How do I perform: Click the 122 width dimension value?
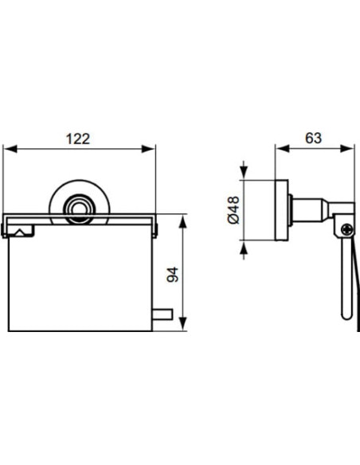pyautogui.click(x=77, y=137)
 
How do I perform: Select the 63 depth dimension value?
pyautogui.click(x=313, y=137)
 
